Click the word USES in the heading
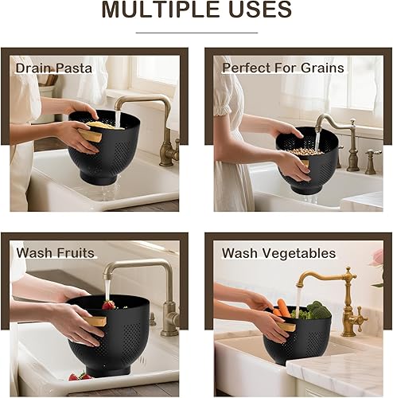263,11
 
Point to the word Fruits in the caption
74,253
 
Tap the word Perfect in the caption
247,68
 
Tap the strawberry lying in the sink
76,377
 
